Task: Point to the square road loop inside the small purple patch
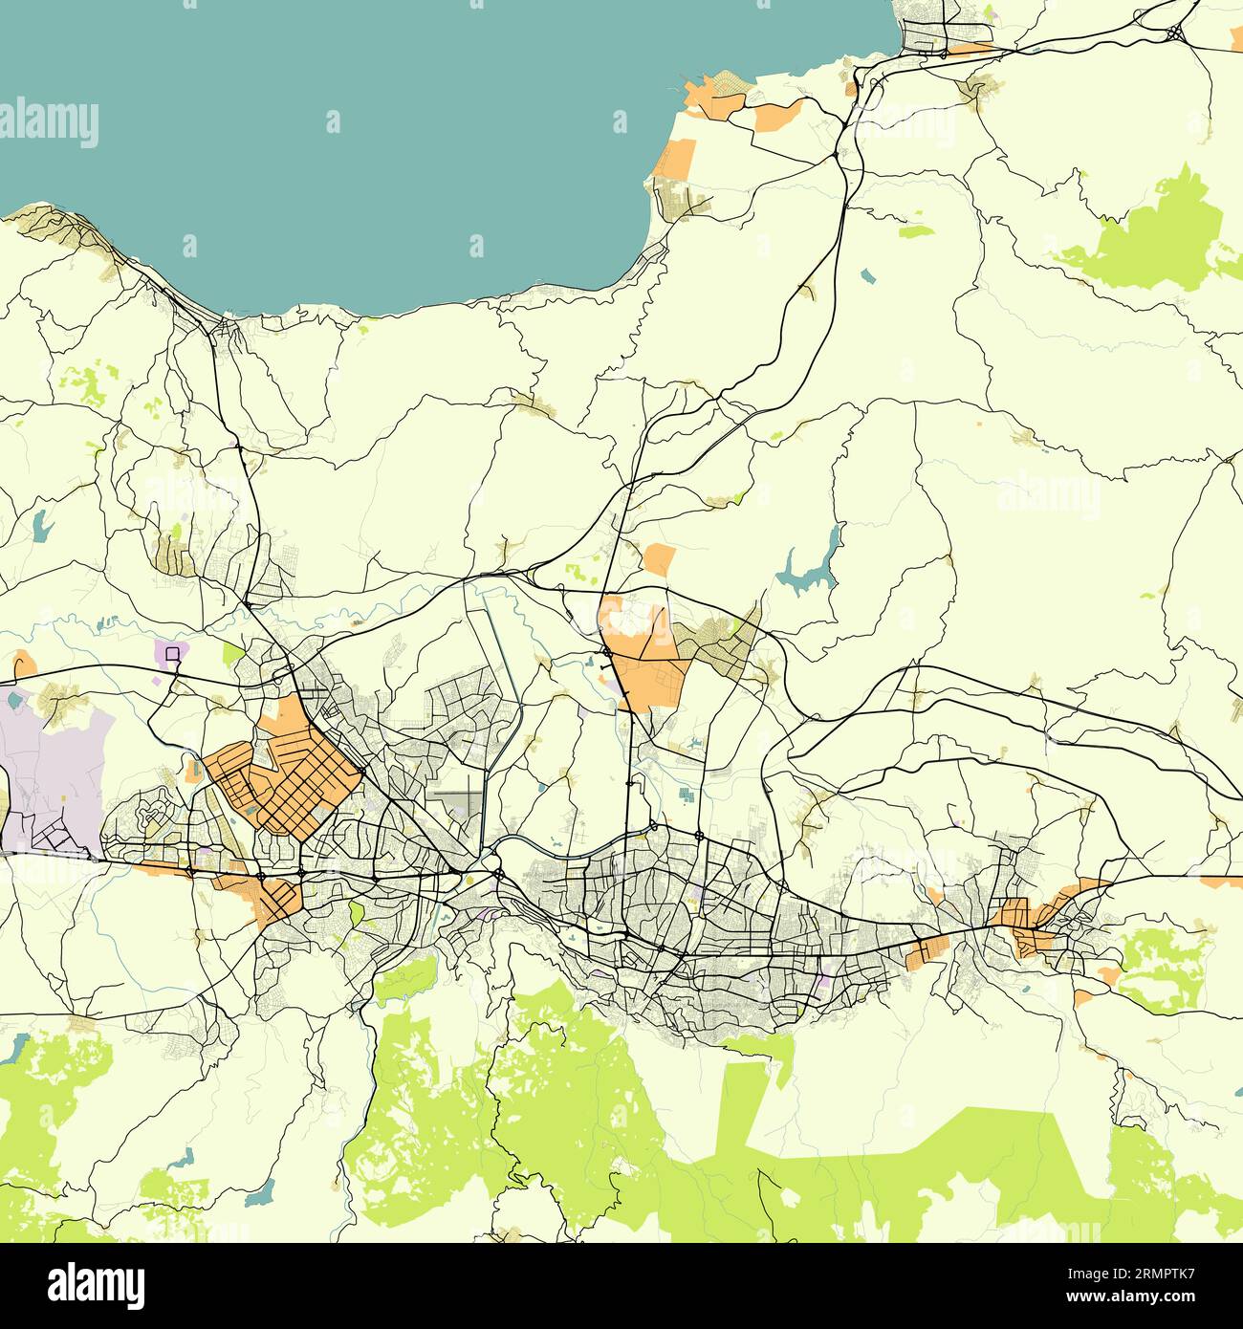click(x=172, y=653)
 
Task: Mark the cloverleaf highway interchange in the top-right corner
click(x=1174, y=31)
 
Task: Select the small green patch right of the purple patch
click(x=232, y=654)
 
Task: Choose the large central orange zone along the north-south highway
click(x=645, y=660)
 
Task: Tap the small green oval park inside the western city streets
click(x=357, y=912)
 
